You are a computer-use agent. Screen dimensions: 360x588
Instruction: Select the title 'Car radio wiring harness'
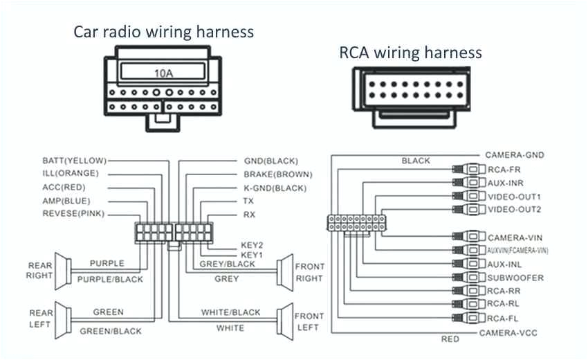point(164,32)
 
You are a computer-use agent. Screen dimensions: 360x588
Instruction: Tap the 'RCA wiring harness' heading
point(410,52)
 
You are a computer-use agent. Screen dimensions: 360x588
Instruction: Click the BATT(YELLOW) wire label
point(74,160)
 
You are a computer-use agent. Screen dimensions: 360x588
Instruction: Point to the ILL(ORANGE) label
point(71,173)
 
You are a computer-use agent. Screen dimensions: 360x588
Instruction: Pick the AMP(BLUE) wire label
point(66,200)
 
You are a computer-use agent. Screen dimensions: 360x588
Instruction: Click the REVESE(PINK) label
point(73,214)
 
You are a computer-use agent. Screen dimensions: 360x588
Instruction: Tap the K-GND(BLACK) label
point(275,188)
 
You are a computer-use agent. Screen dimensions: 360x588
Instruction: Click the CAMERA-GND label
point(513,155)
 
